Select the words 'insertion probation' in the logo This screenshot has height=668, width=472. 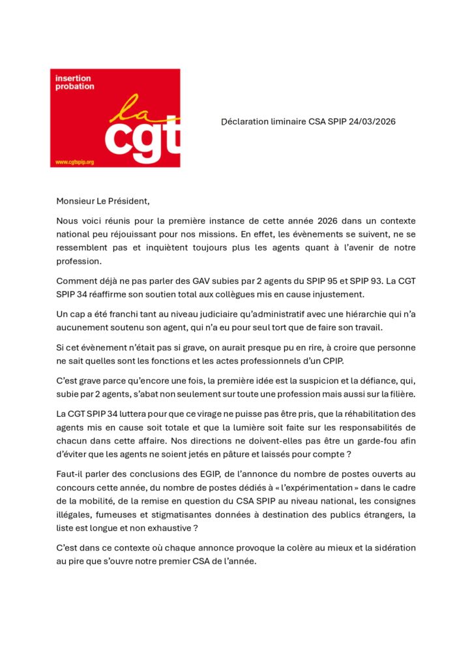74,83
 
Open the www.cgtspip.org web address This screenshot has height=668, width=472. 75,162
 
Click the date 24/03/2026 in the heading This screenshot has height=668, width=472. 372,122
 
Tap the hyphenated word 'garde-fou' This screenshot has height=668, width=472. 375,440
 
